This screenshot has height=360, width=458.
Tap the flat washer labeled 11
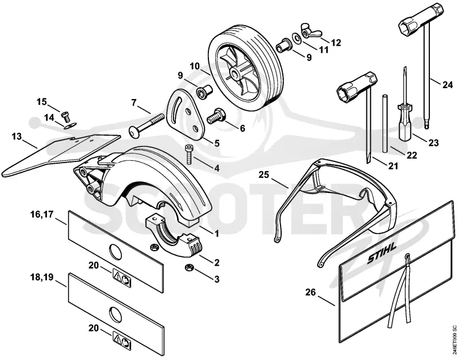[x=297, y=38]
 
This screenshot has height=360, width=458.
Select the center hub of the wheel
[x=234, y=73]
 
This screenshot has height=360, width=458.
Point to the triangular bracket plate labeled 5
[x=185, y=116]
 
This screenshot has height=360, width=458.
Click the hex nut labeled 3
[x=189, y=267]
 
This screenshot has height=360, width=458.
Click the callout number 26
[x=310, y=292]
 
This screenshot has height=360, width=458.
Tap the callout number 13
[x=17, y=136]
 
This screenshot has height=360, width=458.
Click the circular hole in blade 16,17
[x=115, y=252]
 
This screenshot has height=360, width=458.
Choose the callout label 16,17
[x=42, y=215]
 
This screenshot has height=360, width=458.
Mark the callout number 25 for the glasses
[x=264, y=175]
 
